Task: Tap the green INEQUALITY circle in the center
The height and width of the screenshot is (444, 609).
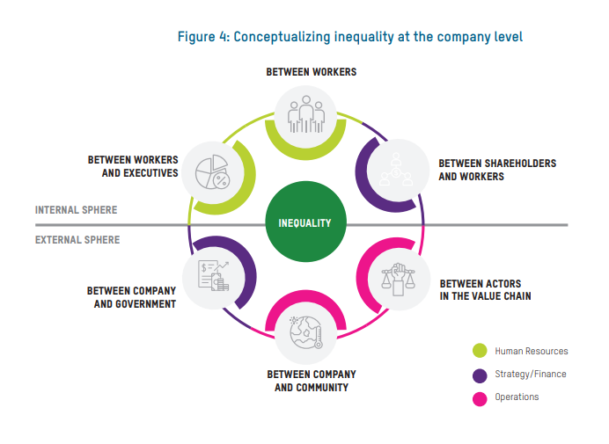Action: pyautogui.click(x=304, y=222)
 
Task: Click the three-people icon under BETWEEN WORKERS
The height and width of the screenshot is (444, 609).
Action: pyautogui.click(x=305, y=113)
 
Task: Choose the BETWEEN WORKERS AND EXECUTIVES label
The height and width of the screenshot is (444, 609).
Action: pyautogui.click(x=133, y=166)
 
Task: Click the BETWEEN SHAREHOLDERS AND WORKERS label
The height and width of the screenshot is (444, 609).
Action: pyautogui.click(x=497, y=170)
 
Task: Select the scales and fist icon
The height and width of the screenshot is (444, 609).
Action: pyautogui.click(x=397, y=275)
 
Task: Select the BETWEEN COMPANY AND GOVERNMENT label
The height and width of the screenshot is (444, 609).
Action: pyautogui.click(x=131, y=297)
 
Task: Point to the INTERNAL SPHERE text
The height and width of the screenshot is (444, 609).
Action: pyautogui.click(x=76, y=211)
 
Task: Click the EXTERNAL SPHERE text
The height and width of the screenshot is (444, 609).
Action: pyautogui.click(x=77, y=239)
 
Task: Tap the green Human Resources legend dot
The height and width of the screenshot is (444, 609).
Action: pyautogui.click(x=480, y=351)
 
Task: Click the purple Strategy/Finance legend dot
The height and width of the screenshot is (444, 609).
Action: pyautogui.click(x=480, y=375)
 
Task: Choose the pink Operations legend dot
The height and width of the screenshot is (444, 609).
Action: pyautogui.click(x=480, y=397)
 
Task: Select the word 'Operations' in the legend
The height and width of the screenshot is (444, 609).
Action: pyautogui.click(x=517, y=397)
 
